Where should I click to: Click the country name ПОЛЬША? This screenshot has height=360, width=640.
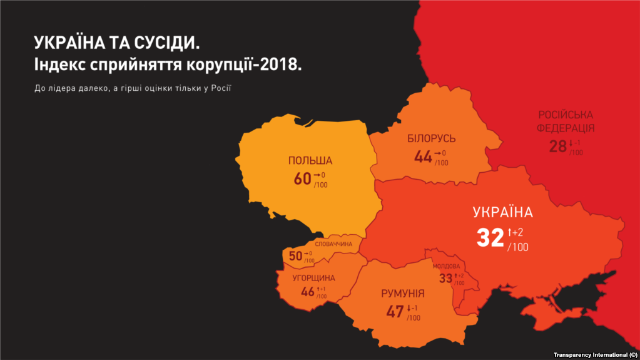point(310,161)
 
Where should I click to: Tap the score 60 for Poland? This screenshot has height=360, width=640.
point(302,179)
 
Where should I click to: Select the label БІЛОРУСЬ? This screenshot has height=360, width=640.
point(431,138)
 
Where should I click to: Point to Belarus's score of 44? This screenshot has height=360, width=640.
point(423,157)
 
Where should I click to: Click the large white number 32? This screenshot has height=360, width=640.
point(490,238)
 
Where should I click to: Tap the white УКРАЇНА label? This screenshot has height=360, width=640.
point(502,212)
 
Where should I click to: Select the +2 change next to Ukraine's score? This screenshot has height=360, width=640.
point(516,233)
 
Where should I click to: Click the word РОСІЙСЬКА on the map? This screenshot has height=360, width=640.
point(566,115)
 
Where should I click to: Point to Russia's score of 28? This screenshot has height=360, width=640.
point(557,147)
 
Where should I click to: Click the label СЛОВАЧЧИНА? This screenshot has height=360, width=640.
point(333,244)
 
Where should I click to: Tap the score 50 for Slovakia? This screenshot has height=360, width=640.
point(295,256)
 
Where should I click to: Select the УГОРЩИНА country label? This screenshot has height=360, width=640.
point(313,278)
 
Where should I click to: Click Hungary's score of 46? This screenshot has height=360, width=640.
point(308,292)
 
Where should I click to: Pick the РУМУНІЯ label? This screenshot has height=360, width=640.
point(403,294)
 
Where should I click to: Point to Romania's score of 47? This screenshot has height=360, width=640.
point(395,311)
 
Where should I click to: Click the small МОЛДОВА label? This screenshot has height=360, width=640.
point(446,266)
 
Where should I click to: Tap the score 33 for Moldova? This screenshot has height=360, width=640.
point(445,279)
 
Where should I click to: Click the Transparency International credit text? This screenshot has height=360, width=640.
point(594,355)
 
